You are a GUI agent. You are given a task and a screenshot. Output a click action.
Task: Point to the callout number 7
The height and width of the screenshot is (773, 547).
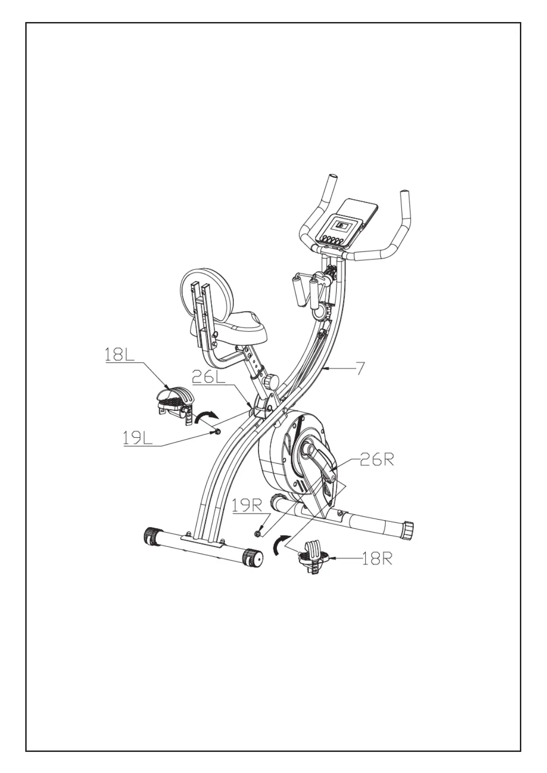pyautogui.click(x=361, y=369)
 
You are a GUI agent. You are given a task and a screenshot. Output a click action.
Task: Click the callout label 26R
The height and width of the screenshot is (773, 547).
pyautogui.click(x=377, y=460)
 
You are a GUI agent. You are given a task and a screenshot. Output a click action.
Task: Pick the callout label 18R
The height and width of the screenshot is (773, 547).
pyautogui.click(x=377, y=559)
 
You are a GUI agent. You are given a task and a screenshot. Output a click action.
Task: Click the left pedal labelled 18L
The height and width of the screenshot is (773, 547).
pyautogui.click(x=172, y=401)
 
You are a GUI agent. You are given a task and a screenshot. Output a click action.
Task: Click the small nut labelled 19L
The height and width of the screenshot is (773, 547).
pyautogui.click(x=217, y=431)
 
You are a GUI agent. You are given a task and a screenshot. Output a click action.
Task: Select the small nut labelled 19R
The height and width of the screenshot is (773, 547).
pyautogui.click(x=258, y=532)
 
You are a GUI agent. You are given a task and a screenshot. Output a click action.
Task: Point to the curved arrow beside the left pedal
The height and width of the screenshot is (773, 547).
pyautogui.click(x=205, y=417)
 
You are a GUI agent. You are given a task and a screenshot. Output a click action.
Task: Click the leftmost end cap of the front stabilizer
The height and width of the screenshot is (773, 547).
pyautogui.click(x=151, y=535)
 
